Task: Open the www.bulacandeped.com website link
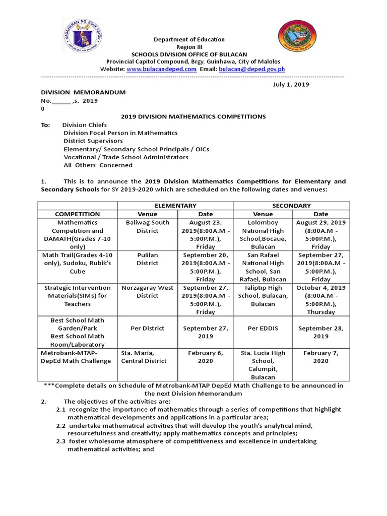click(161, 69)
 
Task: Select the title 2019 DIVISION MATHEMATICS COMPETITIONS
click(193, 116)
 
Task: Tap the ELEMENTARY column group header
click(175, 206)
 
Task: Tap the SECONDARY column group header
click(291, 206)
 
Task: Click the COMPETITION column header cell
click(78, 214)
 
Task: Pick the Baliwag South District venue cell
click(147, 226)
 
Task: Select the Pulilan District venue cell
click(147, 259)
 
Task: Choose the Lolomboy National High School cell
click(263, 234)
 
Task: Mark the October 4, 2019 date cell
click(320, 300)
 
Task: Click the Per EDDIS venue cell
click(263, 328)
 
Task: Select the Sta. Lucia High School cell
click(263, 365)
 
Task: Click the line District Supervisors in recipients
click(93, 141)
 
